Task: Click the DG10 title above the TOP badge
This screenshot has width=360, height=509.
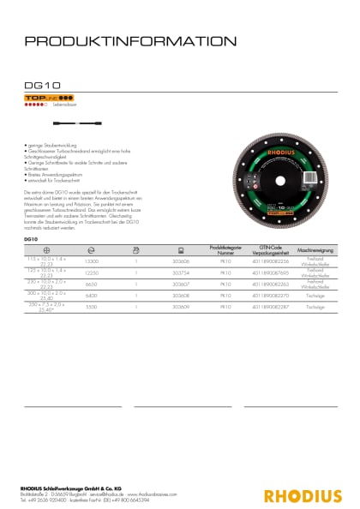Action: click(x=39, y=86)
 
